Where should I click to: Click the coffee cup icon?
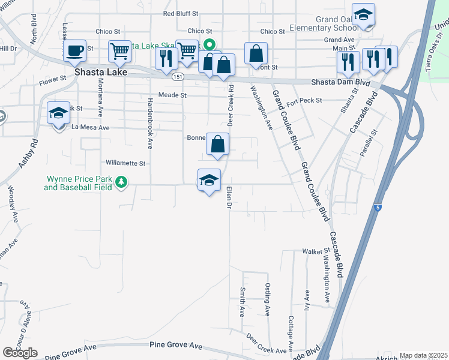point(75,50)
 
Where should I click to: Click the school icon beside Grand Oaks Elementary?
point(363,15)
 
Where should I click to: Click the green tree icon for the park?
point(121,181)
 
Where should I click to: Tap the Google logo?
point(20,353)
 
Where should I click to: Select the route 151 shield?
point(177,77)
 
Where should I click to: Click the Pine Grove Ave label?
point(176,345)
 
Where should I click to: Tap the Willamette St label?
point(125,163)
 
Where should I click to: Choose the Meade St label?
point(173,95)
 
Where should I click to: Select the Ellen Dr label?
point(229,198)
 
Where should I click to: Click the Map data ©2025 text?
point(424,355)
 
